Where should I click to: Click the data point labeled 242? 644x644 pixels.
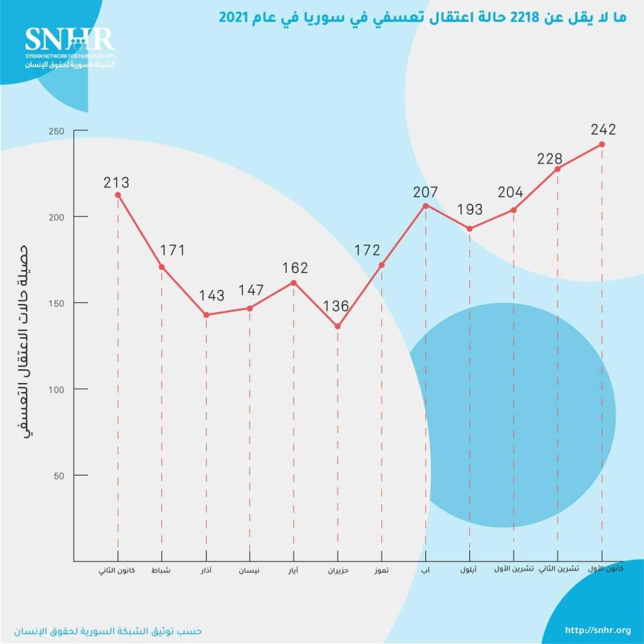pos(602,144)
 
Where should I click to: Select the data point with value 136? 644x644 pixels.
pos(338,326)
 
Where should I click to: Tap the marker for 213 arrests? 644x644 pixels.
pos(118,195)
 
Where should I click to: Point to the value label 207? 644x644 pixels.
pos(425,192)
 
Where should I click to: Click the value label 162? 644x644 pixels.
pos(295,268)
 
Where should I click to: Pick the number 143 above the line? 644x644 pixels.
pos(211,296)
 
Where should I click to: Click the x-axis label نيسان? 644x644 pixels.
pos(248,571)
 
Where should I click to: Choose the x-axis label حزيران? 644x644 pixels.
pos(338,571)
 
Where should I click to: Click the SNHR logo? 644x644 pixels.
pos(70,47)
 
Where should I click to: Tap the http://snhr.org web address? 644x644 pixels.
pos(597,630)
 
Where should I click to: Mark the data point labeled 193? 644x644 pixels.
pos(470,228)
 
